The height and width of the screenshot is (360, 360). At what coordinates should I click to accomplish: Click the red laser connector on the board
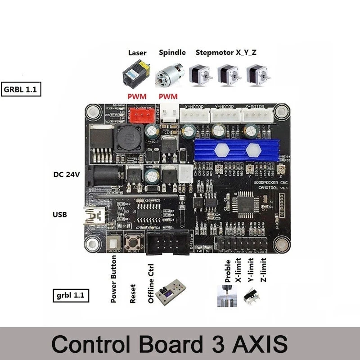tap(142, 116)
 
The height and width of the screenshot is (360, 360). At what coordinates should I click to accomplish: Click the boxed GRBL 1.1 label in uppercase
tap(21, 89)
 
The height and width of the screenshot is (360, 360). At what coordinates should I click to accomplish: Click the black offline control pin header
tap(166, 246)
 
